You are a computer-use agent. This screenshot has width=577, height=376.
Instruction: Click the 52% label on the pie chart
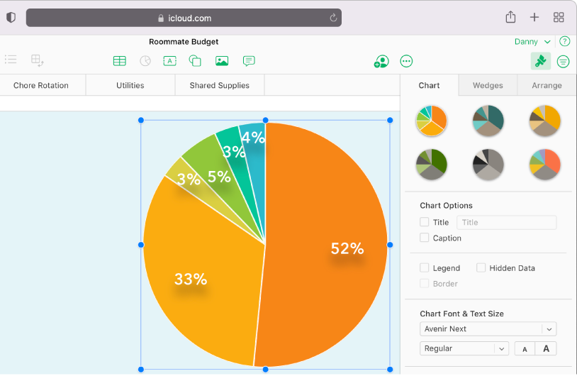(x=347, y=249)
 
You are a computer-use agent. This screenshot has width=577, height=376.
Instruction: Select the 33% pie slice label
(x=191, y=280)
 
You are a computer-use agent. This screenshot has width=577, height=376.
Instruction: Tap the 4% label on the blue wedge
(x=253, y=138)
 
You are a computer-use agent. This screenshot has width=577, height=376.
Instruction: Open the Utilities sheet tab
(x=130, y=85)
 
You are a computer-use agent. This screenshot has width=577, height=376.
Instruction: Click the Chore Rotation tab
(x=41, y=85)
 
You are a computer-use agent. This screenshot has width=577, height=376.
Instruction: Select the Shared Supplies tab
(x=220, y=85)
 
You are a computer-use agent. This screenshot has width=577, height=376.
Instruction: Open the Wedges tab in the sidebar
(x=488, y=85)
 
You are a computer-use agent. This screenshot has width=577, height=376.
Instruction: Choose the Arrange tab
(x=547, y=85)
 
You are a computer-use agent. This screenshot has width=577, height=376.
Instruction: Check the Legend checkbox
(x=425, y=268)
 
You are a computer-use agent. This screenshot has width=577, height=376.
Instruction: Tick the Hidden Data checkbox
(x=481, y=268)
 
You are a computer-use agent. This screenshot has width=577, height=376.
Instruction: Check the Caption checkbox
(x=425, y=238)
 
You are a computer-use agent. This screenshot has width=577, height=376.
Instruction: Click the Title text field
(x=506, y=223)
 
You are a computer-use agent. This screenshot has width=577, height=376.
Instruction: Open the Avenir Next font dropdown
(x=488, y=329)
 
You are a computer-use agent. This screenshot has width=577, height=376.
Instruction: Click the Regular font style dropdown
(x=464, y=348)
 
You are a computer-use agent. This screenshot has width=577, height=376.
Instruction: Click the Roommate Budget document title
(x=184, y=42)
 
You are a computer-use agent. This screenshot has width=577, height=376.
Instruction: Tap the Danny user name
(x=526, y=42)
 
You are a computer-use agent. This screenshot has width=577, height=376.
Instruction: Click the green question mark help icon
(x=565, y=42)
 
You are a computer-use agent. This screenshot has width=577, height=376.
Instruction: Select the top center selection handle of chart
(x=266, y=121)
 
